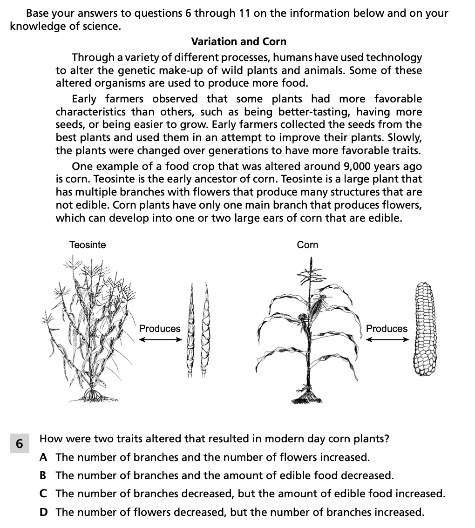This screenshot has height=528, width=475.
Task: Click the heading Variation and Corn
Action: click(238, 41)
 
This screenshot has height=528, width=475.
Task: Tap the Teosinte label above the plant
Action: click(88, 244)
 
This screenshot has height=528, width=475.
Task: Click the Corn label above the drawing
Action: click(307, 244)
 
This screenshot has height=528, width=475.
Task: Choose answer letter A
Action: click(43, 457)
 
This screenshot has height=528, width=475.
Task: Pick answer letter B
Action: click(43, 475)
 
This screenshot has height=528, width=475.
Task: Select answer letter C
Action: click(43, 494)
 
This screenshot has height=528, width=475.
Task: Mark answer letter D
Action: click(43, 512)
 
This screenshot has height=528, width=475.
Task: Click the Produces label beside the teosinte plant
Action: click(160, 328)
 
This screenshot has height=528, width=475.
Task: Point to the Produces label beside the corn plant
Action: click(387, 328)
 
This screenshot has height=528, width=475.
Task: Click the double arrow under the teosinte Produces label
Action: click(160, 339)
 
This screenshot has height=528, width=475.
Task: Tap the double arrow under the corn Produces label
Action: click(387, 339)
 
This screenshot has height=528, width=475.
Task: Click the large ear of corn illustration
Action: click(424, 328)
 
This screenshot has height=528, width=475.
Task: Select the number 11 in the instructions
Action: click(245, 14)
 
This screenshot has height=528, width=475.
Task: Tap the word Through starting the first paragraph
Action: click(92, 58)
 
